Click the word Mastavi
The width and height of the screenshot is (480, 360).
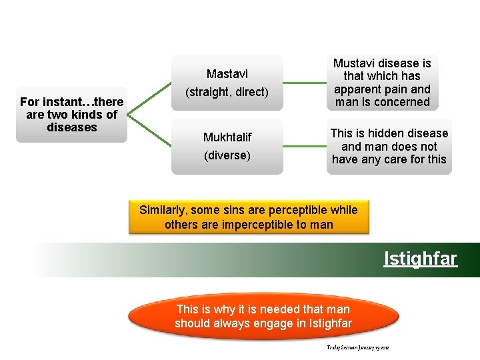click(227, 73)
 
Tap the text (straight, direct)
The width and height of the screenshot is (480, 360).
click(227, 92)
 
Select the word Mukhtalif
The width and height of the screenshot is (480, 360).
click(227, 137)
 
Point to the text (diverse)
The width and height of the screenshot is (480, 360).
click(227, 155)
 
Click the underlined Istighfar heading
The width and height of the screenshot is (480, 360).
click(421, 258)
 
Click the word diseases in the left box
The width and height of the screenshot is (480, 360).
click(72, 127)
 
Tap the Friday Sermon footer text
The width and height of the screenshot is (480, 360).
click(357, 348)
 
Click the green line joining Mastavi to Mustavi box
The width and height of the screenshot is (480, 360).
click(305, 83)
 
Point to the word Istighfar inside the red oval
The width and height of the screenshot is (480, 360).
click(331, 323)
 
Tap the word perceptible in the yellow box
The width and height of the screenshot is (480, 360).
click(297, 210)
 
